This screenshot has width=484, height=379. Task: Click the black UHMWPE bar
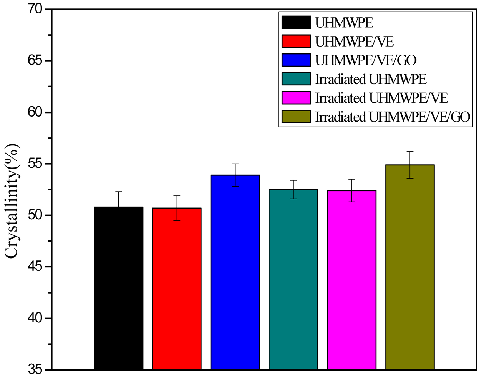[x=118, y=289]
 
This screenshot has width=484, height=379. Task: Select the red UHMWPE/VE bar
[x=177, y=289]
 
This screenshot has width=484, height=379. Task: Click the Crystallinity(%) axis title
[x=12, y=201]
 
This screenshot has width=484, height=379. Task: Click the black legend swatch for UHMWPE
[x=296, y=22]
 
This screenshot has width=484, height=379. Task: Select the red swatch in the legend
[x=296, y=41]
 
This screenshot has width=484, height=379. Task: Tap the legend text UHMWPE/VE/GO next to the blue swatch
[x=366, y=60]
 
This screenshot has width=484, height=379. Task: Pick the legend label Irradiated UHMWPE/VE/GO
[x=393, y=117]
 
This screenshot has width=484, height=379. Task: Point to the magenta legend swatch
[x=296, y=98]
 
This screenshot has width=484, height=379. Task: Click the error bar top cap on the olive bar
[x=410, y=152]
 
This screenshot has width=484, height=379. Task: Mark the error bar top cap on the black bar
[x=118, y=192]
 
